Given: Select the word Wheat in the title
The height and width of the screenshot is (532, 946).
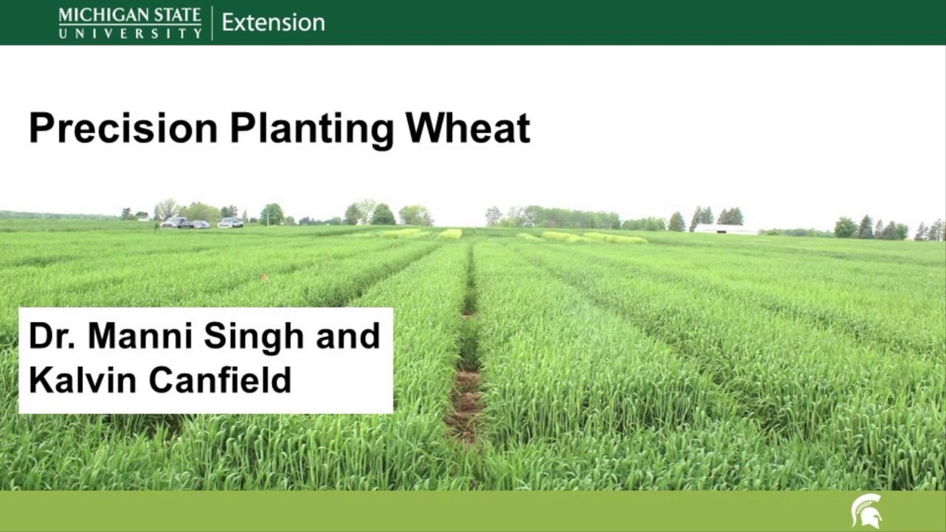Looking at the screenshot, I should pyautogui.click(x=468, y=128).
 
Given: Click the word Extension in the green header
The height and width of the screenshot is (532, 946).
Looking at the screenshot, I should pyautogui.click(x=273, y=22).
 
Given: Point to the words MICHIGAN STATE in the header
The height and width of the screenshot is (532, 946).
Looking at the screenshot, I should pyautogui.click(x=129, y=15).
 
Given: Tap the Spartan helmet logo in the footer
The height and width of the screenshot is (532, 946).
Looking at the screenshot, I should pyautogui.click(x=866, y=511).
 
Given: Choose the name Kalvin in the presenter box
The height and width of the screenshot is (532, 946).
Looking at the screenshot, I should pyautogui.click(x=84, y=380).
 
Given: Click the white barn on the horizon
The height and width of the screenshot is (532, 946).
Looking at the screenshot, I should pyautogui.click(x=724, y=229).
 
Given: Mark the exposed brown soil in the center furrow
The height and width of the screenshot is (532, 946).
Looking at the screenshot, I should pyautogui.click(x=465, y=403).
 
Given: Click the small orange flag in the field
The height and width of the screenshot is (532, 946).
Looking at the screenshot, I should pyautogui.click(x=264, y=278).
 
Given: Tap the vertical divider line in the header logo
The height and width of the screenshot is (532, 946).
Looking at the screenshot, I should pyautogui.click(x=212, y=23).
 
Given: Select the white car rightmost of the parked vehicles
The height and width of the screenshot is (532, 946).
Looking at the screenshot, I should pyautogui.click(x=231, y=222).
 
